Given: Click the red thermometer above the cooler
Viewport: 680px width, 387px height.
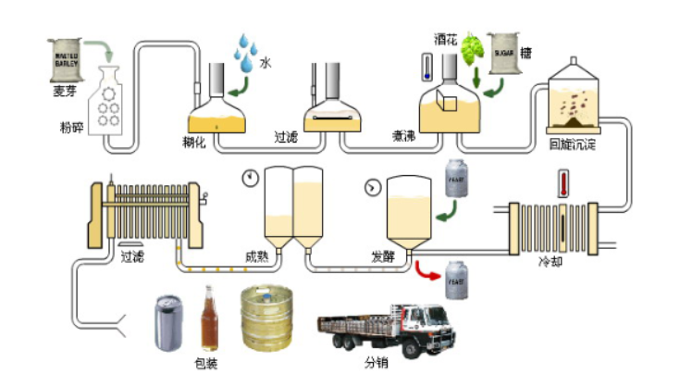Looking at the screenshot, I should [562, 182].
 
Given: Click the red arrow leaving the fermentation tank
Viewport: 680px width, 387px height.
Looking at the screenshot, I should [427, 271].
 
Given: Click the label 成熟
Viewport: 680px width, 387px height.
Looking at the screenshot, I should [256, 256].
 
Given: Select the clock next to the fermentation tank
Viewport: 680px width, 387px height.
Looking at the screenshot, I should [372, 187].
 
